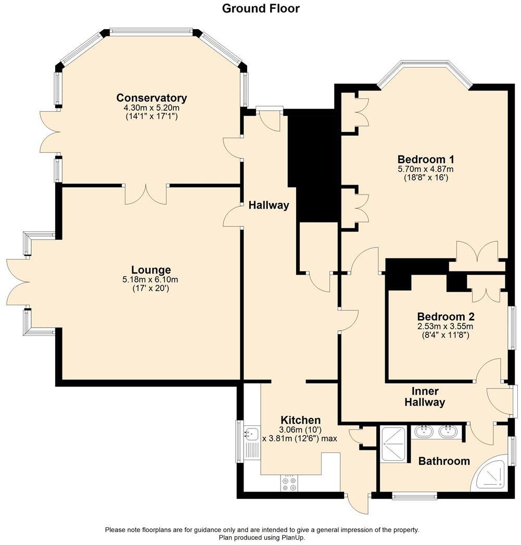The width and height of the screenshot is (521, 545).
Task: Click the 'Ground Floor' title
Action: coord(261,8)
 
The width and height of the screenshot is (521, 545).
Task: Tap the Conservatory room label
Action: coord(151,98)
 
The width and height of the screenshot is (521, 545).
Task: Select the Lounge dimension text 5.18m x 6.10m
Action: coord(151,279)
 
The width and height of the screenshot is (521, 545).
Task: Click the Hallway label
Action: coord(268,205)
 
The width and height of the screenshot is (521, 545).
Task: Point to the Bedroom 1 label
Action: coord(422,159)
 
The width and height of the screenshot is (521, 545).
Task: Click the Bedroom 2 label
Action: coord(446,317)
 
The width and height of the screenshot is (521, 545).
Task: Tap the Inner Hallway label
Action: coord(428,397)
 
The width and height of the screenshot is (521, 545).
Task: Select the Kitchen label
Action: coord(300,420)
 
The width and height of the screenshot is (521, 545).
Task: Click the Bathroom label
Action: coord(444,461)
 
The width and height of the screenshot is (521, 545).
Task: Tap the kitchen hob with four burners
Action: coord(289,484)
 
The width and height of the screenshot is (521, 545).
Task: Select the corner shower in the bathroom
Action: coord(490,474)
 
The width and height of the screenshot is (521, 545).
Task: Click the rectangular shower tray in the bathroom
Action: coord(395,444)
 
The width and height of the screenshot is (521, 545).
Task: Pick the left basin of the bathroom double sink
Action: coord(424,431)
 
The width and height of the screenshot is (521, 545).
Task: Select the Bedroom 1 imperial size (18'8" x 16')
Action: coord(426,177)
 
